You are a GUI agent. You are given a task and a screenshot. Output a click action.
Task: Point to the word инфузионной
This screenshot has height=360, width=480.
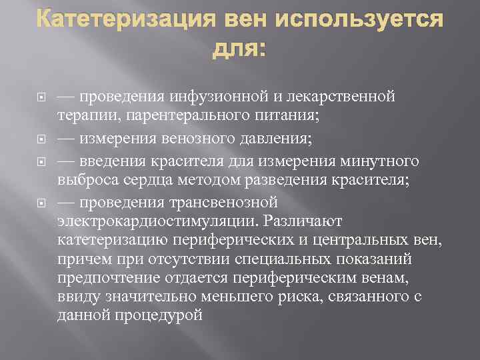coord(227,97)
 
